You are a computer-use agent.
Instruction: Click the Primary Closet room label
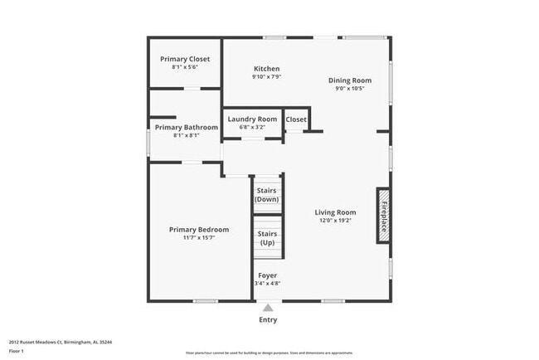(184, 59)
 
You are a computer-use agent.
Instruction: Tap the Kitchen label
(266, 68)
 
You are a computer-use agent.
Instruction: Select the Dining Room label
(349, 80)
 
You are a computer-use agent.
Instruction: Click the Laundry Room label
(252, 119)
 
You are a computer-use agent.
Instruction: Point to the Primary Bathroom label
(186, 127)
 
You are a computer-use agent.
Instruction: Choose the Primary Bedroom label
(198, 229)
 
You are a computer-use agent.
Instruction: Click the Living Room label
(335, 212)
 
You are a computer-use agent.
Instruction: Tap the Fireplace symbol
(383, 215)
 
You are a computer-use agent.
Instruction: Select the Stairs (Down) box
(267, 195)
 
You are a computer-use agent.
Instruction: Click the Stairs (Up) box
(267, 238)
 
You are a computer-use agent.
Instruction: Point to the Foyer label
(267, 275)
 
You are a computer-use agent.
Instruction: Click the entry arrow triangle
(267, 308)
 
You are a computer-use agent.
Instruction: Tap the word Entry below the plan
(268, 320)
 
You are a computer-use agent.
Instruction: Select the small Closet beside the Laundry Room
(296, 119)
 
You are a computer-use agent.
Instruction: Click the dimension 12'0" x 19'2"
(335, 220)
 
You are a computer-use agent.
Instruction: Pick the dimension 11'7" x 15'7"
(198, 238)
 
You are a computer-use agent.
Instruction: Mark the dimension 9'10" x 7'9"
(266, 76)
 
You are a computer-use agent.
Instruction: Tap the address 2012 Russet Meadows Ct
(41, 341)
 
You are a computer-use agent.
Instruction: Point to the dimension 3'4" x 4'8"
(267, 283)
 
